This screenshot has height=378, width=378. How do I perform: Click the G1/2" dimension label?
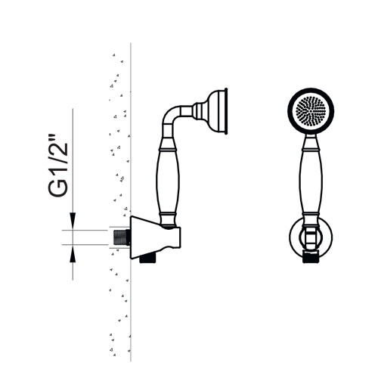click(58, 166)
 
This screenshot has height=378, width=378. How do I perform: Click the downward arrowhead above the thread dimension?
click(73, 222)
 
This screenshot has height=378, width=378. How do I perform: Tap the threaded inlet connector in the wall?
click(120, 237)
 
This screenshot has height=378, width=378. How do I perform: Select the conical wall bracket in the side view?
click(155, 237)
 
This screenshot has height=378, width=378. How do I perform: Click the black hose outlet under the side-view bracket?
click(148, 259)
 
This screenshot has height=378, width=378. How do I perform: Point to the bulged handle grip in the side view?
click(168, 182)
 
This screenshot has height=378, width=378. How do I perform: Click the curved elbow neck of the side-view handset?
click(172, 115)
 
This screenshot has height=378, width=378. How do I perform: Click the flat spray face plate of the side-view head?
click(226, 111)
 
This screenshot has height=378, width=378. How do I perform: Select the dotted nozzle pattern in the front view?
click(311, 111)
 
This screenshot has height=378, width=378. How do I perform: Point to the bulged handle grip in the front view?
click(311, 182)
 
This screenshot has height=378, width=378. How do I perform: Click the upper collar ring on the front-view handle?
click(311, 150)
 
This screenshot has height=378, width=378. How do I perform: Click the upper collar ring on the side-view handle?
click(168, 150)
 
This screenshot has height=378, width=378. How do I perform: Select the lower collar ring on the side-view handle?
click(168, 215)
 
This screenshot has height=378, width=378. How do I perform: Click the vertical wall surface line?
click(131, 202)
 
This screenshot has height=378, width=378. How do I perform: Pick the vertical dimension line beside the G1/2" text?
click(73, 194)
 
